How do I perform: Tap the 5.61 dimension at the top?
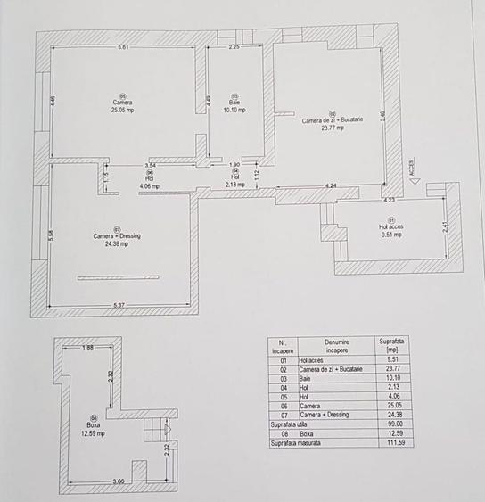point(124,46)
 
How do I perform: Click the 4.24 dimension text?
point(331,185)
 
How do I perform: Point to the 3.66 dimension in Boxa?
point(106,482)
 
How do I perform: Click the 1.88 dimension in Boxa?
point(87,348)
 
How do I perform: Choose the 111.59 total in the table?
point(390,442)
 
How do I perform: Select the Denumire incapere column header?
point(336,346)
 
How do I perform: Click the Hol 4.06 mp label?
point(149,183)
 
